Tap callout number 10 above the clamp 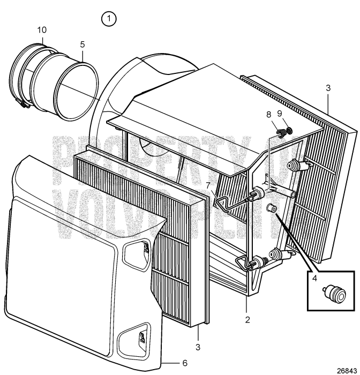click(x=42, y=31)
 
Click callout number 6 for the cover click(x=184, y=363)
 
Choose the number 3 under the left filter click(x=198, y=348)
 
